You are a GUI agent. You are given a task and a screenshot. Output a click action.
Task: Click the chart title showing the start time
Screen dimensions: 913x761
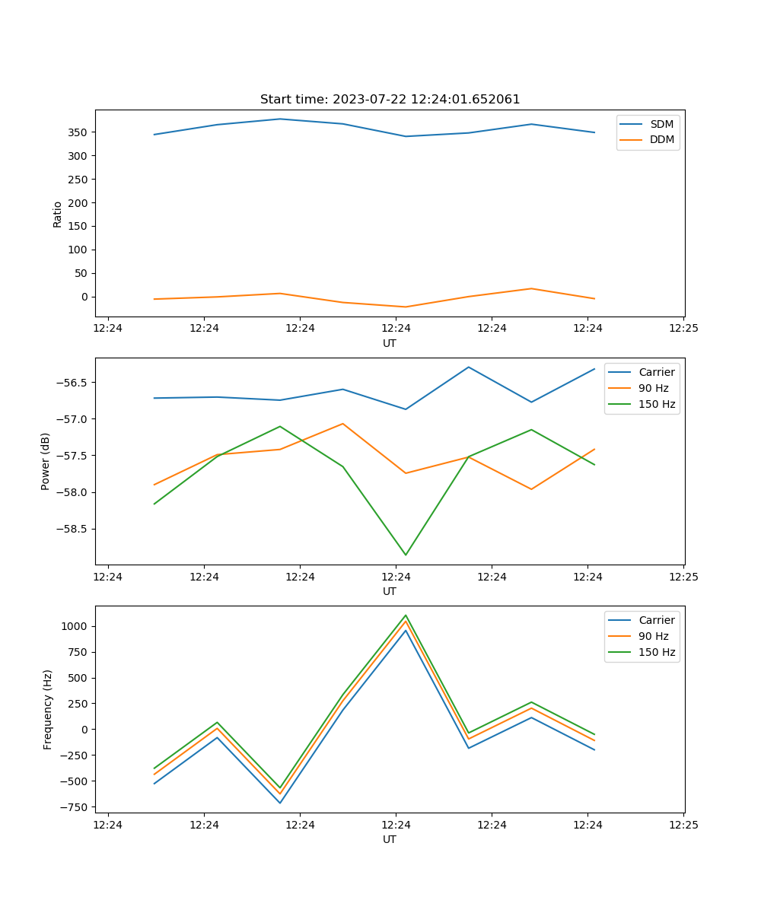tap(390, 100)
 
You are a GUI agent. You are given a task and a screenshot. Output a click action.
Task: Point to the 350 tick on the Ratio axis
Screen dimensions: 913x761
tap(78, 132)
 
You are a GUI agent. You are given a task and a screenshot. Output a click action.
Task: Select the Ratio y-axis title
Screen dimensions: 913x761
tap(58, 215)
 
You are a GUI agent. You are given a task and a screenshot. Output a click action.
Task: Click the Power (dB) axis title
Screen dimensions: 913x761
tap(46, 461)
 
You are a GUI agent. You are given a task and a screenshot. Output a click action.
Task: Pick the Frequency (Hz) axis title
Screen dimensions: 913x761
tap(48, 709)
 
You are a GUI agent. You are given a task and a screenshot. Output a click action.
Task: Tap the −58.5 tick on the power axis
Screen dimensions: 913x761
tap(73, 529)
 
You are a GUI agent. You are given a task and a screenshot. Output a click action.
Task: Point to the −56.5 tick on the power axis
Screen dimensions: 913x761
tap(73, 382)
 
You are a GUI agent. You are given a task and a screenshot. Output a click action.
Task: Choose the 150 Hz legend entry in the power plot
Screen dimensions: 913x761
tap(657, 404)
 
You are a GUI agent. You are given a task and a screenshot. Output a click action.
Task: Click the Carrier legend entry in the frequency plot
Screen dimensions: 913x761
tap(656, 620)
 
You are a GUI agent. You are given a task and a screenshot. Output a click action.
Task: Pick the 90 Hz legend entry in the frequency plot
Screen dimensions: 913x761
tap(653, 636)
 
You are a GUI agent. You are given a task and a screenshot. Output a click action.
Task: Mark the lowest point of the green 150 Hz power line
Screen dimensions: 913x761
tap(406, 555)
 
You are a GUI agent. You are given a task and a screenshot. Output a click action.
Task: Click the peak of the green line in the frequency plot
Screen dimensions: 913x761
tap(406, 615)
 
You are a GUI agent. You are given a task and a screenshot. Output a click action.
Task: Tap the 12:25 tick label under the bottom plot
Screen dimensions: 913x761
tap(683, 825)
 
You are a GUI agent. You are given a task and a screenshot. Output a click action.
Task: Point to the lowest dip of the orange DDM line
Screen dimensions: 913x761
tap(406, 307)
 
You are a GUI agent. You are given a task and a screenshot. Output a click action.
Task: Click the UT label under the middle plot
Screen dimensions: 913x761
tap(390, 591)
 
